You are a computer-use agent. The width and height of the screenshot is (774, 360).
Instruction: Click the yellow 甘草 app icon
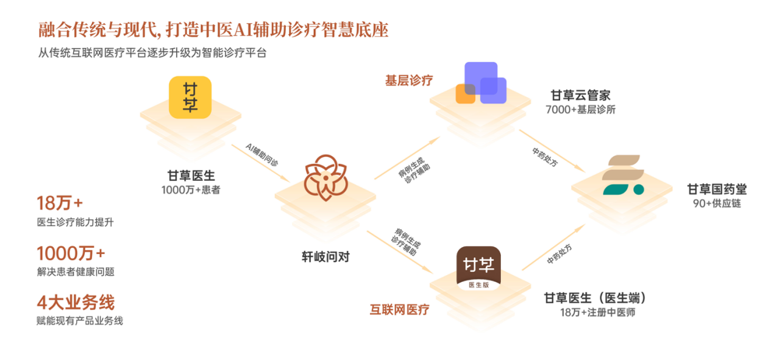click(190, 97)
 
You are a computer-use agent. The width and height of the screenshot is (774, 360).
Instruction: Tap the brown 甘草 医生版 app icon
click(478, 269)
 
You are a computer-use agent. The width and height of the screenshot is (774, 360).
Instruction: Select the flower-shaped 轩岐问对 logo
click(325, 178)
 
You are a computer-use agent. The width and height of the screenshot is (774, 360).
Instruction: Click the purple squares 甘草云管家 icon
click(481, 83)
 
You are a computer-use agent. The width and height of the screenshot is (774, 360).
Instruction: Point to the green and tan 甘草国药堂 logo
click(623, 175)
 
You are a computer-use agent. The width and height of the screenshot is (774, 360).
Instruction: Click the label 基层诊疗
click(409, 80)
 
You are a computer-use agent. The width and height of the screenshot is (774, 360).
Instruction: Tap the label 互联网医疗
click(400, 309)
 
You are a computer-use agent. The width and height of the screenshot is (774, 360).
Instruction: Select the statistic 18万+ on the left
click(60, 203)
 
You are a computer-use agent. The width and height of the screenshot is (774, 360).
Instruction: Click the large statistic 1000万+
click(71, 253)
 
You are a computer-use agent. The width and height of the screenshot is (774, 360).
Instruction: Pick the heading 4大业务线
click(76, 303)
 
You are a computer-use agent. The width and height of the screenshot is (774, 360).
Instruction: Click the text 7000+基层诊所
click(580, 110)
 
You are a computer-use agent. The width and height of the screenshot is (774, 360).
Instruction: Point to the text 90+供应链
click(717, 203)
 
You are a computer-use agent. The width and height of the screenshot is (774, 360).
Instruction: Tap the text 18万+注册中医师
click(598, 312)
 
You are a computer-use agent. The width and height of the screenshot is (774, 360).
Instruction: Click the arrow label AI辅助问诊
click(261, 155)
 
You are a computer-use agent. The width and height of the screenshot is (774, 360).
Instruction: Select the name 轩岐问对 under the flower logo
click(325, 257)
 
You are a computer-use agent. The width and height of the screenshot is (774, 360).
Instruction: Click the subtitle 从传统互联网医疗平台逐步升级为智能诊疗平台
click(152, 53)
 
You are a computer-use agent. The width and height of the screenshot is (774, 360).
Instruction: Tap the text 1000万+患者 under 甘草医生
click(191, 189)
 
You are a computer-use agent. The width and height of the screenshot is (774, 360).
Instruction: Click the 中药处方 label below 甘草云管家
click(545, 157)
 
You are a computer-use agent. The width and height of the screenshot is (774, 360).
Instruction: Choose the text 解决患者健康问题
click(76, 272)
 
